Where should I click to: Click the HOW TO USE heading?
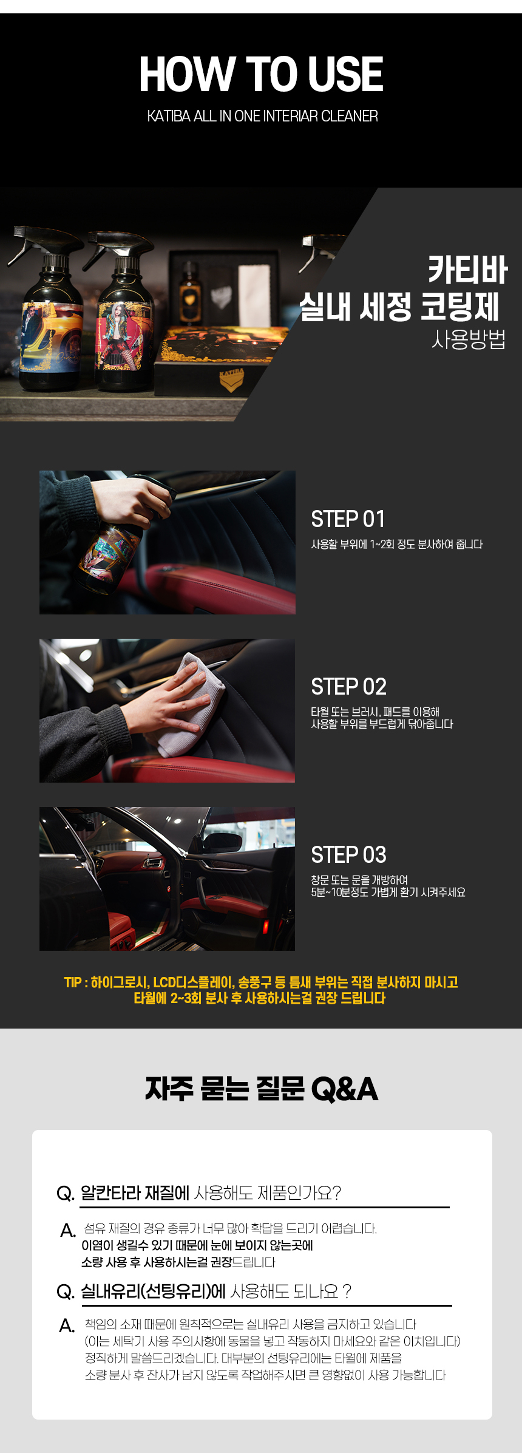click(261, 74)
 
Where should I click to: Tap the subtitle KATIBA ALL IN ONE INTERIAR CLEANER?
click(262, 116)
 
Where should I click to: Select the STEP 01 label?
click(348, 519)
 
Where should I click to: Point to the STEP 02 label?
click(348, 687)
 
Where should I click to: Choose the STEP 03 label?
click(348, 855)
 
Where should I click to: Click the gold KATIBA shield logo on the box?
click(231, 380)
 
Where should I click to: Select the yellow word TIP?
click(73, 982)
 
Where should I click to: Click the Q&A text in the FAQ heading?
click(344, 1089)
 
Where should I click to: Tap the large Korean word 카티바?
click(467, 270)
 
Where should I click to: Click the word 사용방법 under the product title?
click(469, 339)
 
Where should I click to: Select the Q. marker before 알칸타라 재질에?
click(65, 1193)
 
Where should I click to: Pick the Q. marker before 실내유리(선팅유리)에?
click(65, 1291)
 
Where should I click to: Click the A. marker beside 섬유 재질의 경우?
click(68, 1230)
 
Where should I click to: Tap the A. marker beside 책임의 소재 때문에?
click(67, 1325)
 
